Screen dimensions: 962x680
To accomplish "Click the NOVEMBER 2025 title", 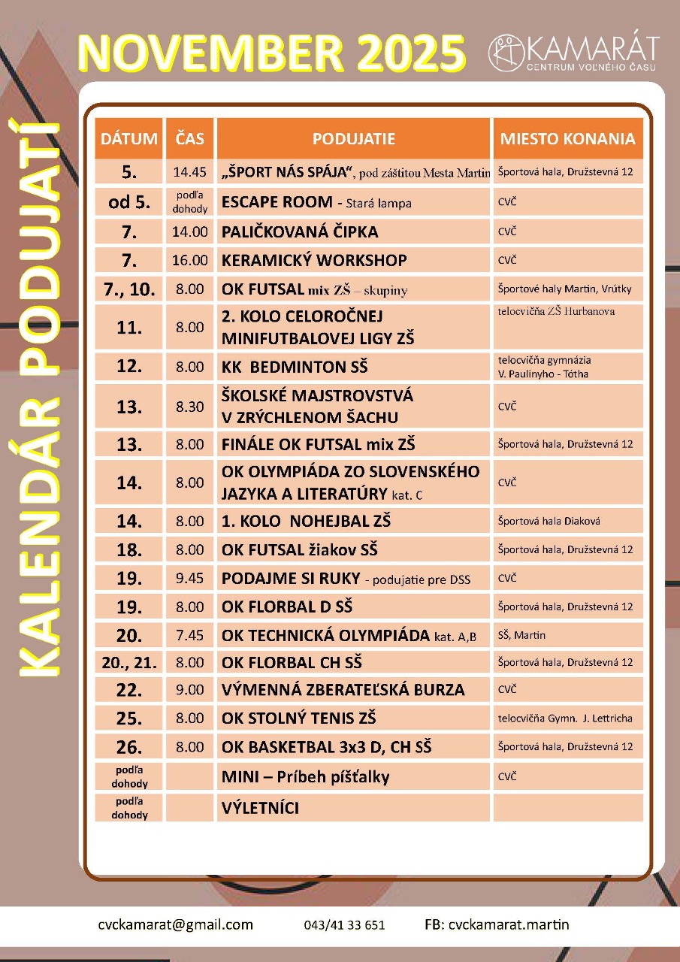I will pos(272,53).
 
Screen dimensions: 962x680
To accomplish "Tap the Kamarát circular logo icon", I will pos(506,53).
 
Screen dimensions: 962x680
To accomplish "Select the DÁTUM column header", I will pos(129,139).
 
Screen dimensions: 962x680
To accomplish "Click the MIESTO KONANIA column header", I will pos(567,139).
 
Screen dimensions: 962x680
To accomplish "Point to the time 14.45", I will pos(189,172).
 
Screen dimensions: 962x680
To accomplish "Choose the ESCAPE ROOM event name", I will pos(277,202).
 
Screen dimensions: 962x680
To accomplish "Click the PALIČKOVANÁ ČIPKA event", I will pos(299,231).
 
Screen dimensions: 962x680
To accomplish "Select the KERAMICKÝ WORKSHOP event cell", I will pos(314,261).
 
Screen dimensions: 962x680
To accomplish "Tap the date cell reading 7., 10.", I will pos(129,289).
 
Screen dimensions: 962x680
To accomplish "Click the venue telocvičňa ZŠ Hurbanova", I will pos(556,310).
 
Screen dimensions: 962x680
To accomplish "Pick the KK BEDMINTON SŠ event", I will pos(295,368).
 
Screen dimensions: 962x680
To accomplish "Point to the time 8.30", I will pos(189,407).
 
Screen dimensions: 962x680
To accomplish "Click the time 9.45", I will pos(189,579).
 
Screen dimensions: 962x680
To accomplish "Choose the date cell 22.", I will pos(129,690).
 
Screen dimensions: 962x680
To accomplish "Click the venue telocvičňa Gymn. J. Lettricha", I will pos(565,718).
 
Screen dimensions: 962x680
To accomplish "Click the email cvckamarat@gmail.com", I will pos(175,924).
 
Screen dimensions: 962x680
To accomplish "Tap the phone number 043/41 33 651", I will pos(345,925).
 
